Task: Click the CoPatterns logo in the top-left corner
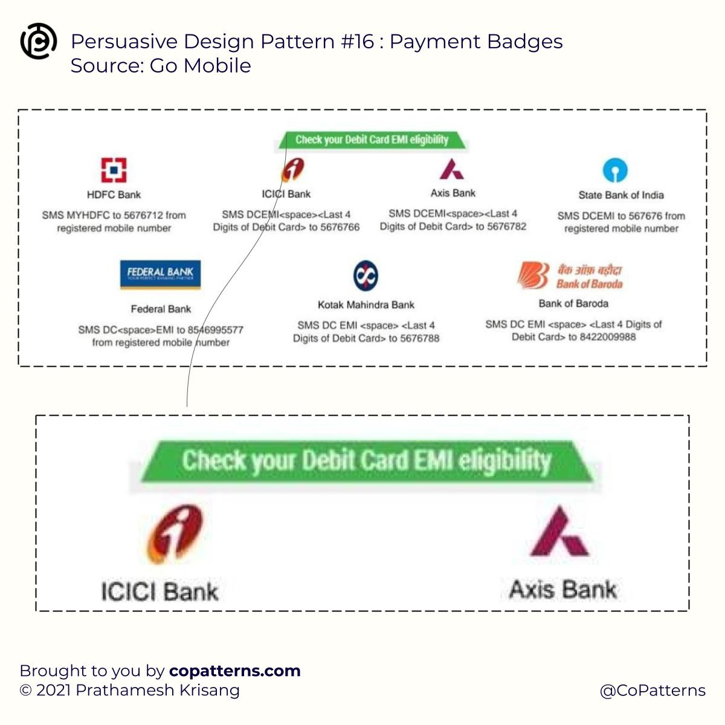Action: click(39, 41)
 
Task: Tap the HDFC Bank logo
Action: click(114, 170)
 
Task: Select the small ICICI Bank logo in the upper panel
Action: click(293, 170)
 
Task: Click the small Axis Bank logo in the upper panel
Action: click(452, 169)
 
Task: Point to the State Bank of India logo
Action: click(615, 170)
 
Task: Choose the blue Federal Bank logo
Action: click(160, 274)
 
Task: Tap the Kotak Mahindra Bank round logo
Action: click(366, 275)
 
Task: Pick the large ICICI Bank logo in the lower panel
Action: click(176, 533)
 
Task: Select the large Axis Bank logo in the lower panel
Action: click(559, 532)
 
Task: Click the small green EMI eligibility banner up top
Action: click(372, 140)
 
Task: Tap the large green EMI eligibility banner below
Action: click(366, 461)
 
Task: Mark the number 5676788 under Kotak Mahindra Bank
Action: click(419, 338)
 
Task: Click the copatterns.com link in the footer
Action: click(234, 671)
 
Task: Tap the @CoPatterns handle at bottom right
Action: click(652, 691)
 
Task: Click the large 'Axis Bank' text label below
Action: click(563, 589)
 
